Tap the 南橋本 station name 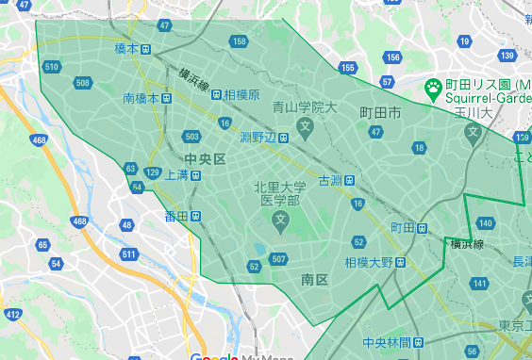141,97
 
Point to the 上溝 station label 176,174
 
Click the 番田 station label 176,216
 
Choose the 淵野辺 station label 257,138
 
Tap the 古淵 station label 330,179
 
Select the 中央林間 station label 386,341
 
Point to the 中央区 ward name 206,158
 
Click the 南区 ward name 314,280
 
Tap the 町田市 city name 380,113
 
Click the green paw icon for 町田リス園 432,89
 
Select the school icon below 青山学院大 305,125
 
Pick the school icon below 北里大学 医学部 280,221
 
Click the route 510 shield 52,66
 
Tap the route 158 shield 240,41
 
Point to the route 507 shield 278,259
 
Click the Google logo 208,356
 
